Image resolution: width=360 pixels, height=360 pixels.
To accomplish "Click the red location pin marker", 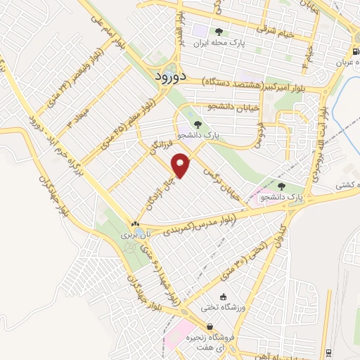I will tap(181, 165).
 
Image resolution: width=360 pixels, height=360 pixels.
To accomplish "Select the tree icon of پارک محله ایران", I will tap(219, 31).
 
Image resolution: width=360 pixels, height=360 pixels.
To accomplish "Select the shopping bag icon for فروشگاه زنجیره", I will tap(209, 326).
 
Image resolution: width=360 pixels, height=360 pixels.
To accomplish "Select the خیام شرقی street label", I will tap(257, 30).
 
